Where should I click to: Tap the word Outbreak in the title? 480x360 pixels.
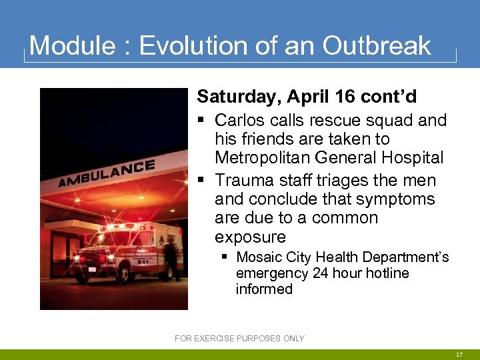click(377, 46)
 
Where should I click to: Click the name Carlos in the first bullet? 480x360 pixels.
click(238, 121)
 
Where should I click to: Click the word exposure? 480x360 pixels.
click(250, 237)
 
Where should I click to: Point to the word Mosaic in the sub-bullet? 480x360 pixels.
click(259, 257)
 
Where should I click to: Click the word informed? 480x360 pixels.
click(264, 289)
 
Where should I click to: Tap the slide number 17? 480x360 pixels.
click(459, 355)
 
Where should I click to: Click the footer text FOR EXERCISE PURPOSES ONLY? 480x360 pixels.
click(239, 339)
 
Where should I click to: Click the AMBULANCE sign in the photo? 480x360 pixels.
click(107, 173)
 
